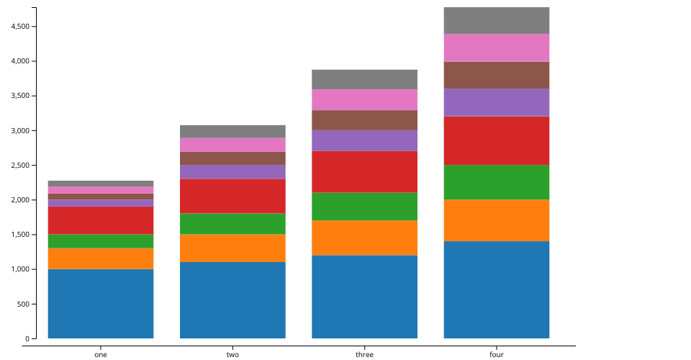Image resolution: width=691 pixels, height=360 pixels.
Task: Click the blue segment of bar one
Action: (x=101, y=303)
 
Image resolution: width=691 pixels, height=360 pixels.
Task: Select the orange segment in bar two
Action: (x=232, y=248)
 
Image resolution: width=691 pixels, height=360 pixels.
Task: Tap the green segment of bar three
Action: (x=364, y=206)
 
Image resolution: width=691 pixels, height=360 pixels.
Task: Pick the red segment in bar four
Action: (x=497, y=140)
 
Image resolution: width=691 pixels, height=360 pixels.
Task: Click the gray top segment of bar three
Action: (x=364, y=79)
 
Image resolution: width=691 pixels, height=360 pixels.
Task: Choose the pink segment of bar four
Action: (x=497, y=48)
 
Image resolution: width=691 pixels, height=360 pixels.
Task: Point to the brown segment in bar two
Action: (x=232, y=158)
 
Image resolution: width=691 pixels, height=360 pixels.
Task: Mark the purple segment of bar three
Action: (x=364, y=140)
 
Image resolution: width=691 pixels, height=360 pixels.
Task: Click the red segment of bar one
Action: (x=101, y=220)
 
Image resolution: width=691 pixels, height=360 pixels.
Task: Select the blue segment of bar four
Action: (x=497, y=289)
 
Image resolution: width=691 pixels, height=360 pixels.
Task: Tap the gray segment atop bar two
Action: (x=232, y=131)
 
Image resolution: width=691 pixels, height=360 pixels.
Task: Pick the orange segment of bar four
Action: (x=497, y=220)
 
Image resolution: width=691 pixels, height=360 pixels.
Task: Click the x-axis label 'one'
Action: (x=101, y=354)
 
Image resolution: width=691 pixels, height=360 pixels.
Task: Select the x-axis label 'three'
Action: (x=364, y=354)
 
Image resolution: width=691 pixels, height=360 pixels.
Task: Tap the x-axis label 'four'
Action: (x=497, y=354)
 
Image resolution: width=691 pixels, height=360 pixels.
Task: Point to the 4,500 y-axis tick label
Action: (x=19, y=27)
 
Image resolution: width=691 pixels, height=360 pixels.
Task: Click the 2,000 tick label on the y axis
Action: (x=19, y=200)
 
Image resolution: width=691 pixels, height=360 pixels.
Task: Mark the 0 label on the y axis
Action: (x=27, y=338)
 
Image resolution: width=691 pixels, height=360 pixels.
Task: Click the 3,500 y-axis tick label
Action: (x=19, y=96)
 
